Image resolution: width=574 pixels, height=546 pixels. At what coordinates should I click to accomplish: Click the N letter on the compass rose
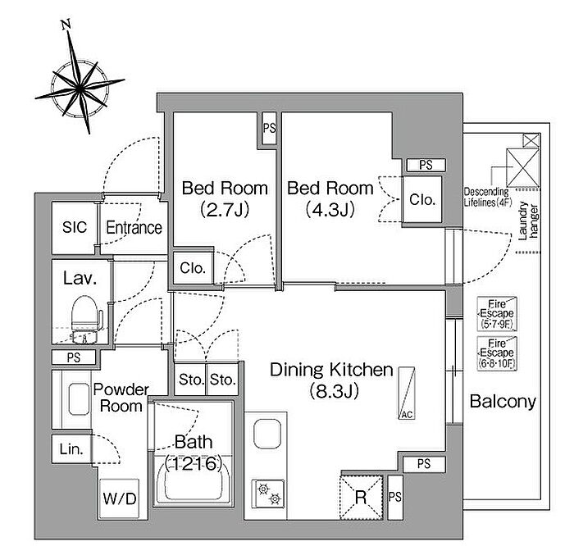click(66, 25)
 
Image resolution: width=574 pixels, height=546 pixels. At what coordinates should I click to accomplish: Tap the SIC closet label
click(75, 227)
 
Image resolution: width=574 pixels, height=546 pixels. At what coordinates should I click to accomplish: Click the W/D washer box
click(120, 498)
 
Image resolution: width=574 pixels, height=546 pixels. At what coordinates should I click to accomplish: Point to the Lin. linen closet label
click(71, 448)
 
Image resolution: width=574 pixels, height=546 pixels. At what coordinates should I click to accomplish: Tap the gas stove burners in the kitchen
click(268, 493)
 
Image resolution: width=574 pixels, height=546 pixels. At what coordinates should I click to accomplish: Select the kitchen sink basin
click(267, 434)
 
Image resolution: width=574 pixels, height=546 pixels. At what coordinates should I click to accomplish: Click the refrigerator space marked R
click(361, 497)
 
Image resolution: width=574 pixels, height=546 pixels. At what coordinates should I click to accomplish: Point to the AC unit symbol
click(407, 393)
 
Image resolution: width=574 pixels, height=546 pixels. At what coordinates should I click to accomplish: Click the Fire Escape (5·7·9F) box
click(497, 314)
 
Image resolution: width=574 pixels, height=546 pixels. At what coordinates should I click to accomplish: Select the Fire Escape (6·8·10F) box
click(497, 353)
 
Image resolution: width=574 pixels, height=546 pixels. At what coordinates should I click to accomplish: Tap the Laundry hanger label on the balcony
click(528, 221)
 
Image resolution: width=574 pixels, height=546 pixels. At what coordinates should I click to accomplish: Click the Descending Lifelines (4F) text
click(487, 197)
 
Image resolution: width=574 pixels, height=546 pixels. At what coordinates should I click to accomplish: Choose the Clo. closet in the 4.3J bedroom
click(422, 199)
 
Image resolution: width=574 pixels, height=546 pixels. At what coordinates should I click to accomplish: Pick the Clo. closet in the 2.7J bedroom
click(193, 268)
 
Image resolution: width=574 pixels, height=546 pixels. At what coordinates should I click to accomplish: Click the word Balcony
click(502, 402)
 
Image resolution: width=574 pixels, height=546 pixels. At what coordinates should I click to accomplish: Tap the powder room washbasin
click(79, 399)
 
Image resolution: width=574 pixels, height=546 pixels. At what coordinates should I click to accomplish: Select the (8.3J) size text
click(334, 391)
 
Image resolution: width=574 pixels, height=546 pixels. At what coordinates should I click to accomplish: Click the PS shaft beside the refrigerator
click(395, 497)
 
